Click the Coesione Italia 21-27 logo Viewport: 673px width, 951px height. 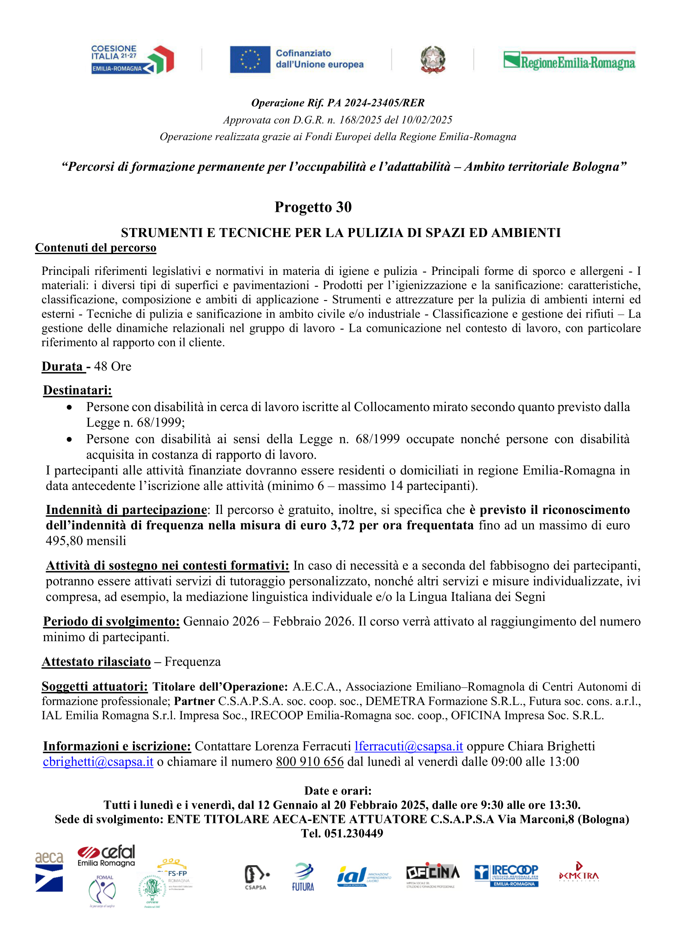point(132,60)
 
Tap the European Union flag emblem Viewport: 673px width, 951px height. point(250,60)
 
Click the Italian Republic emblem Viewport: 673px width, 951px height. point(433,60)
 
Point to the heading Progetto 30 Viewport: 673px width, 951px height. point(313,207)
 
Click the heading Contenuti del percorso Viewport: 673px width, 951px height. point(96,247)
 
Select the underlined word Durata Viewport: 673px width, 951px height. point(63,366)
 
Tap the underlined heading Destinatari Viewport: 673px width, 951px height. point(78,390)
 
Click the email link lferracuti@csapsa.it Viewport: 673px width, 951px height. point(409,746)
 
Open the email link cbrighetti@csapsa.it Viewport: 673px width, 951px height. point(98,762)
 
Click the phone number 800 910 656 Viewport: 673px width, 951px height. point(309,762)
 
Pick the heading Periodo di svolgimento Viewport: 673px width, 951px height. point(111,621)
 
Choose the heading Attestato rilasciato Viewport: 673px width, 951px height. point(96,662)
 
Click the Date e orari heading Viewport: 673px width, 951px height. point(338,791)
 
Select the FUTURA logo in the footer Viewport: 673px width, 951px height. point(303,877)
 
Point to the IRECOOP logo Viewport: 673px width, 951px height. point(506,875)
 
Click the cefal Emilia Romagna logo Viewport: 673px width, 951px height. point(107,856)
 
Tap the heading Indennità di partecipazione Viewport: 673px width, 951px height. point(126,510)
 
